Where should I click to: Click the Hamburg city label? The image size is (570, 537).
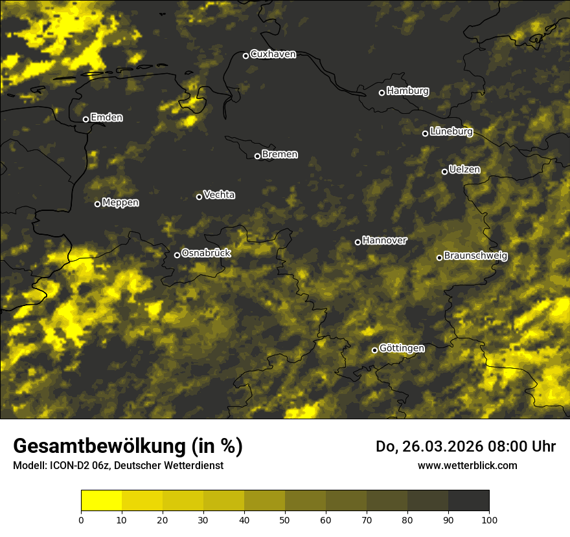click(x=407, y=91)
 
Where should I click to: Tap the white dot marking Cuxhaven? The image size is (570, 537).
click(x=245, y=56)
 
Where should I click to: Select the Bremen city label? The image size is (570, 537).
click(x=280, y=155)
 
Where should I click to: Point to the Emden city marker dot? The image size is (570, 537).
click(x=85, y=119)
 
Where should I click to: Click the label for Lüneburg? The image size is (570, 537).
click(x=451, y=131)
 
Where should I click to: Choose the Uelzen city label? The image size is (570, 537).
click(x=464, y=170)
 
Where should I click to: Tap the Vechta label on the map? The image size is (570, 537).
click(x=219, y=195)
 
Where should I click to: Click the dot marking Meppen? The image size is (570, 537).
click(x=98, y=204)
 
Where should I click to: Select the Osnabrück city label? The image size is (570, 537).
click(x=206, y=253)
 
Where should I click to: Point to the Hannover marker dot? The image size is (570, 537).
click(x=358, y=242)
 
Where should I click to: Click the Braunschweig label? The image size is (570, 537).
click(x=475, y=256)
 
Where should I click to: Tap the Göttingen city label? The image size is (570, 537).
click(x=402, y=348)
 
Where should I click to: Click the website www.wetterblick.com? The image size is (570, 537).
click(x=467, y=465)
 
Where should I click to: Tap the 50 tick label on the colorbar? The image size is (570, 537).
click(x=285, y=520)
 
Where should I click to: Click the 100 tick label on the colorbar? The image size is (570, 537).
click(x=489, y=520)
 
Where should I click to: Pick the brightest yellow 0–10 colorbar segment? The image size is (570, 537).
click(x=101, y=501)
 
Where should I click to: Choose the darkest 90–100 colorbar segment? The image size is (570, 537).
click(x=468, y=501)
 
